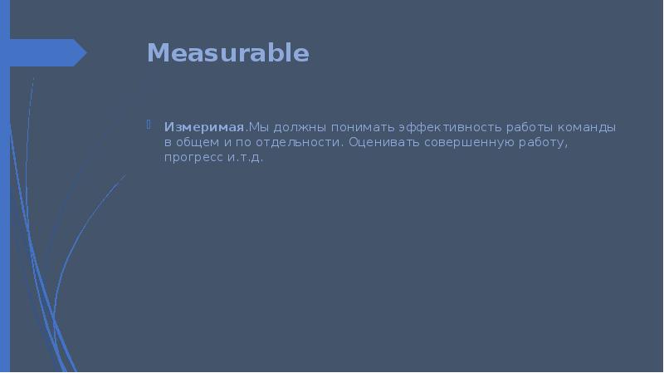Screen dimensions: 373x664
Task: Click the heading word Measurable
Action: point(227,53)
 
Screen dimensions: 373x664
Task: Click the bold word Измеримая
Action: point(204,128)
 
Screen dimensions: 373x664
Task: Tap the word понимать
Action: point(363,128)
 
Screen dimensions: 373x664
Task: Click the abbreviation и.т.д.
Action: point(245,158)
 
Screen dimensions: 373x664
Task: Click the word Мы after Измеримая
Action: point(260,128)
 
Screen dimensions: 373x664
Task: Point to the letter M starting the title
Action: point(157,53)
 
